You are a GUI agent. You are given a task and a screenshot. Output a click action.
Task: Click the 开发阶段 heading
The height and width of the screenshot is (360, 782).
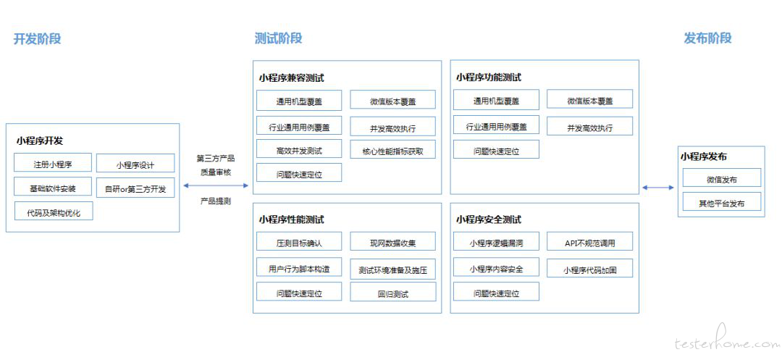click(x=38, y=38)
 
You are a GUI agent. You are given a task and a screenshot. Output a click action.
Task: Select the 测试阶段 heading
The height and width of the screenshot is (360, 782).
click(x=278, y=38)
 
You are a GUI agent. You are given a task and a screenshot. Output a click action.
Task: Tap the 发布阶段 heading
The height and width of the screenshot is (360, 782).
click(x=707, y=38)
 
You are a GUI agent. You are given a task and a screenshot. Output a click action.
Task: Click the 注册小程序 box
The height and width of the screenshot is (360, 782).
click(x=53, y=162)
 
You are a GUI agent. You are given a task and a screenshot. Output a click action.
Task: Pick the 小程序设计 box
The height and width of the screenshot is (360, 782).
click(x=135, y=164)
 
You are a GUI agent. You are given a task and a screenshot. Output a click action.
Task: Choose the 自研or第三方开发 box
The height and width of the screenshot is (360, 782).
click(x=135, y=188)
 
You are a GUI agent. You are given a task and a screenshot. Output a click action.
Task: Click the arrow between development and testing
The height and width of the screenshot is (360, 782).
click(x=216, y=185)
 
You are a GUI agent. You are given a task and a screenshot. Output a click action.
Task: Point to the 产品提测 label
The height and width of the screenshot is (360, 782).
click(x=216, y=201)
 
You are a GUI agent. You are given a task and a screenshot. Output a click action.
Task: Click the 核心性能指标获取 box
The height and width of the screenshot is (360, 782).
click(x=393, y=150)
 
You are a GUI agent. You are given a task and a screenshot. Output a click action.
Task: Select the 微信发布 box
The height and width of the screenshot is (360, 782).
click(x=722, y=177)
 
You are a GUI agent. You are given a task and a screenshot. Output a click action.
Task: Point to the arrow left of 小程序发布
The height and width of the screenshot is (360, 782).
click(x=657, y=188)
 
